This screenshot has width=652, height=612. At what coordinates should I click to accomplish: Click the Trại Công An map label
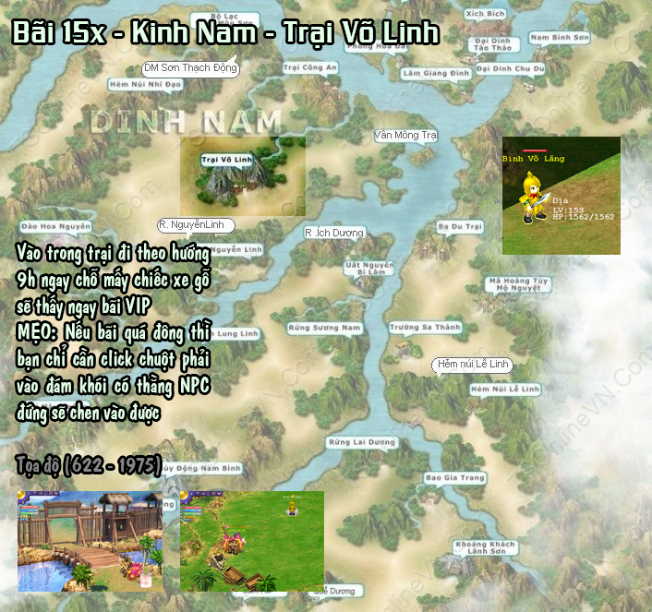310,67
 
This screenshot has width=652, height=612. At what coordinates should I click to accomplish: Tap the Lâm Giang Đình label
424,73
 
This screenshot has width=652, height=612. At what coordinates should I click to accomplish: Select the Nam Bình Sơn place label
560,38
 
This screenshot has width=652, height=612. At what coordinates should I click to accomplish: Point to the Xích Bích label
485,15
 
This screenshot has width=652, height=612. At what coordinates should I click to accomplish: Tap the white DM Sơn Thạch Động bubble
190,67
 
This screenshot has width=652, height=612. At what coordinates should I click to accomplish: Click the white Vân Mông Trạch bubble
405,136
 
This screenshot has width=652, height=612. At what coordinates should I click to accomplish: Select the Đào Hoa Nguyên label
54,225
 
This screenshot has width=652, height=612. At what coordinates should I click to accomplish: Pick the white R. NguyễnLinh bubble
196,225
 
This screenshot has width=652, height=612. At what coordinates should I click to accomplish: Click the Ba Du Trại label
460,226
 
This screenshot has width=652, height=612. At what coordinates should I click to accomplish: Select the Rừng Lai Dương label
362,442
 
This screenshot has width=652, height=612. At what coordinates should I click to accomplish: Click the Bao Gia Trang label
454,478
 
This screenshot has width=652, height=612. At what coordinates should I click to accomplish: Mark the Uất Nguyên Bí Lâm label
368,268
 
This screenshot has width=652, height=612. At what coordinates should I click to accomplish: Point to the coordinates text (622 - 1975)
89,461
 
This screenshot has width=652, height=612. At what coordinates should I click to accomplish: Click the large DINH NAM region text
185,121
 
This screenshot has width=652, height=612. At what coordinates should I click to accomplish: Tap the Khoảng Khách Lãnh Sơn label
485,547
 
